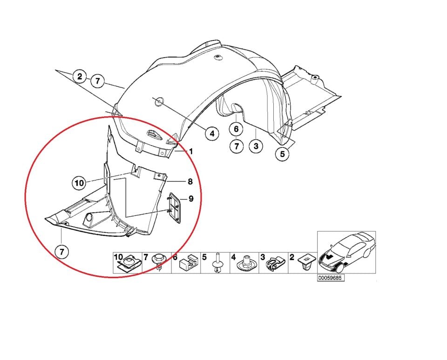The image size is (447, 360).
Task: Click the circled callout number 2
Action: pos(80,76)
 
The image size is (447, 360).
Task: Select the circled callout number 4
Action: pos(212,134)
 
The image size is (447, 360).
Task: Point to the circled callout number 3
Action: pos(256,147)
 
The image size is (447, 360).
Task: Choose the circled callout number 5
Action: pos(282,154)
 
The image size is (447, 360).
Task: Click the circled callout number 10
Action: pos(79,183)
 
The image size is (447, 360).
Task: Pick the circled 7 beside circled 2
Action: pos(97,81)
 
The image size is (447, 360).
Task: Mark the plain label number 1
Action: pos(190,152)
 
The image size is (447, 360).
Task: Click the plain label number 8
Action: pos(190,182)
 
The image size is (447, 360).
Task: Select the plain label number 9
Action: pos(190,199)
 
